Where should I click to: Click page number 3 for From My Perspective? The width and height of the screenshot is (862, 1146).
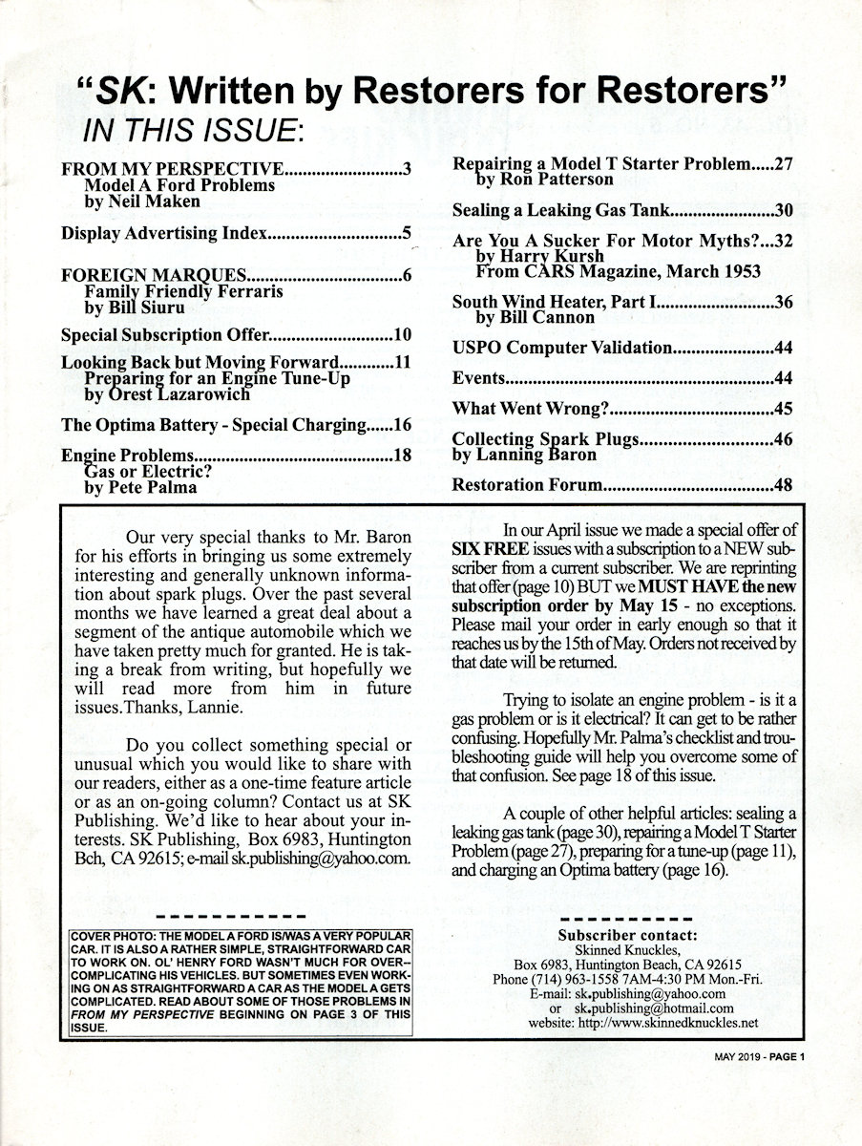coord(407,170)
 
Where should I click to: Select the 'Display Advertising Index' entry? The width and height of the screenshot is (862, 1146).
coord(164,232)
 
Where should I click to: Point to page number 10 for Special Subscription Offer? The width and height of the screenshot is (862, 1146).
coord(402,335)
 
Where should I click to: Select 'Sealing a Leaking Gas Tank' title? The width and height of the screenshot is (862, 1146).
coord(564,210)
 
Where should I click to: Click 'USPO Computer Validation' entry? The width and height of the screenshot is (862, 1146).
coord(563,348)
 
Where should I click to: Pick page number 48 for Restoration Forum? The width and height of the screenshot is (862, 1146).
coord(784,484)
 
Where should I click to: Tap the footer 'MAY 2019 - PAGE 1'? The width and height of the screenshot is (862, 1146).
coord(760,1055)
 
